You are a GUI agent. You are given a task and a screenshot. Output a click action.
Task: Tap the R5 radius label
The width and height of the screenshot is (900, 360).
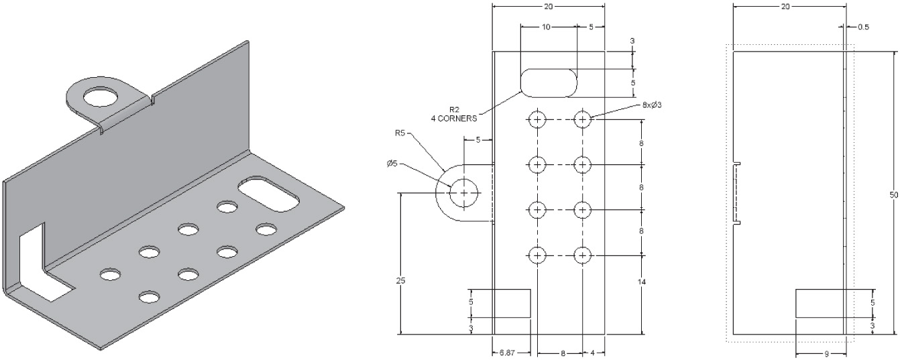pos(400,133)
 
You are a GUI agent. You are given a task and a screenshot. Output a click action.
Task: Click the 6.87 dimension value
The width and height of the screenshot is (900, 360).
pos(507,352)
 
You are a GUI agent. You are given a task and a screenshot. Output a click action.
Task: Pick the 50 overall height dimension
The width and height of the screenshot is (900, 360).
pos(893,194)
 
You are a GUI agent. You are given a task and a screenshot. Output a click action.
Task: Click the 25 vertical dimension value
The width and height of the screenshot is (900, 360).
pos(400,280)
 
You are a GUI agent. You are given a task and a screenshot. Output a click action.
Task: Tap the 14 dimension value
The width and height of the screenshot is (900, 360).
pos(642,282)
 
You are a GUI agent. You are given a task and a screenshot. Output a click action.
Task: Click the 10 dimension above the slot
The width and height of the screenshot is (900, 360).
pos(547,27)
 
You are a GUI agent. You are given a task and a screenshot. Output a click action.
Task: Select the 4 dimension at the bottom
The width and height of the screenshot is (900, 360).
pos(594,352)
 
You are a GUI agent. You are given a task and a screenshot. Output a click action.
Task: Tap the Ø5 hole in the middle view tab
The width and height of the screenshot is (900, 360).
pos(464,193)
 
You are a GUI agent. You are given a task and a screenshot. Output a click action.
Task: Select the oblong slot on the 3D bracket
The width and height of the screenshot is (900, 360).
pos(268,195)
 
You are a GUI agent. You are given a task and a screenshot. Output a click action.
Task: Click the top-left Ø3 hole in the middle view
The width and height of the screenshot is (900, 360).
pos(537,120)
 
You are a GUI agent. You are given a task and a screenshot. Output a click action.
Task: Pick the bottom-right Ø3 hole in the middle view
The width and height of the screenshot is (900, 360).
pos(582,255)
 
